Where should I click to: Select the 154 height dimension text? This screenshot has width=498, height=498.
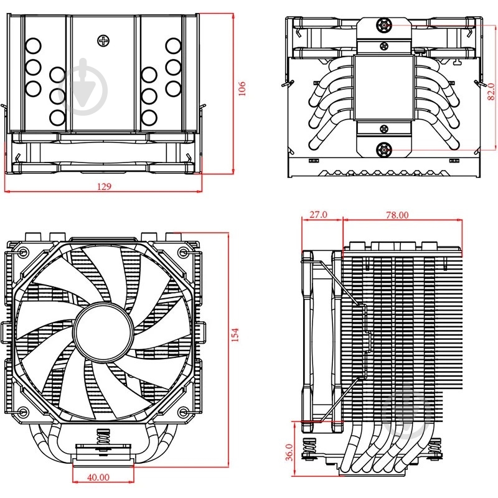pyautogui.click(x=235, y=334)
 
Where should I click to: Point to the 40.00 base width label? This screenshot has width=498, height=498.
pyautogui.click(x=98, y=477)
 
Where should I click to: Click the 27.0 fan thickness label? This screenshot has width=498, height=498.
pyautogui.click(x=318, y=215)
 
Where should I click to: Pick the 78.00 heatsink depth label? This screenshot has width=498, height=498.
pyautogui.click(x=397, y=215)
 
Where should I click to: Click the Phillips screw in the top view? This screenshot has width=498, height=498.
pyautogui.click(x=103, y=42)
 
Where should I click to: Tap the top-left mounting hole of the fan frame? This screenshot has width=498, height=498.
pyautogui.click(x=22, y=253)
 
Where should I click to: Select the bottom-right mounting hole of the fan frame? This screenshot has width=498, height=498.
pyautogui.click(x=183, y=412)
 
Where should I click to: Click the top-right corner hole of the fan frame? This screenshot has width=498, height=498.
pyautogui.click(x=183, y=253)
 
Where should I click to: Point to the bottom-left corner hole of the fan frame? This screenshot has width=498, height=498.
pyautogui.click(x=22, y=412)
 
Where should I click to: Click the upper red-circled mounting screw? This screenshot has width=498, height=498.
pyautogui.click(x=384, y=26)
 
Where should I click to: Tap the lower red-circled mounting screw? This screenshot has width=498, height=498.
pyautogui.click(x=384, y=149)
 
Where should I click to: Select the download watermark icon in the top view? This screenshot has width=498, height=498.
pyautogui.click(x=85, y=87)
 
